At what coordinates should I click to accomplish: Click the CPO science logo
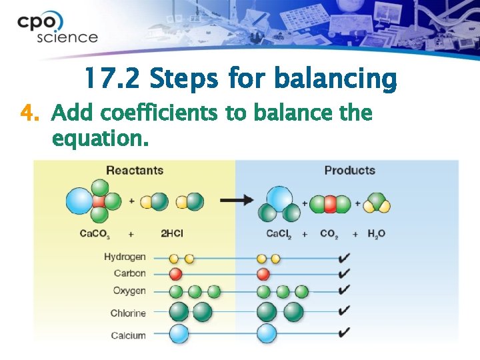point(57,27)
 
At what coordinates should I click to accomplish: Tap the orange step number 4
point(27,113)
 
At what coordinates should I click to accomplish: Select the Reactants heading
point(135,170)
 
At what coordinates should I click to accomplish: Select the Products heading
point(349,170)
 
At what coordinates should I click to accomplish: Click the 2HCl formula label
point(173,234)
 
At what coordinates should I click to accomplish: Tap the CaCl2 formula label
point(281,234)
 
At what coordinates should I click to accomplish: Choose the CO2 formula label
point(329,234)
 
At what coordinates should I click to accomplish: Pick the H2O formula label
point(376,234)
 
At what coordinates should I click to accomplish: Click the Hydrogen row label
point(125,257)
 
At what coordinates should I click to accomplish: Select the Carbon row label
point(129,273)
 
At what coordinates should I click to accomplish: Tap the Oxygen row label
point(129,291)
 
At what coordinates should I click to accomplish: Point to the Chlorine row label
point(128,313)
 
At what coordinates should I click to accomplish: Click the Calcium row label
point(128,335)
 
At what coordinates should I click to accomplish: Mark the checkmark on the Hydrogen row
point(345,257)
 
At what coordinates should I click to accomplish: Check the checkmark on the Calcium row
point(345,331)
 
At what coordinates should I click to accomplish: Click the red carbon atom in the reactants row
point(176,274)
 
